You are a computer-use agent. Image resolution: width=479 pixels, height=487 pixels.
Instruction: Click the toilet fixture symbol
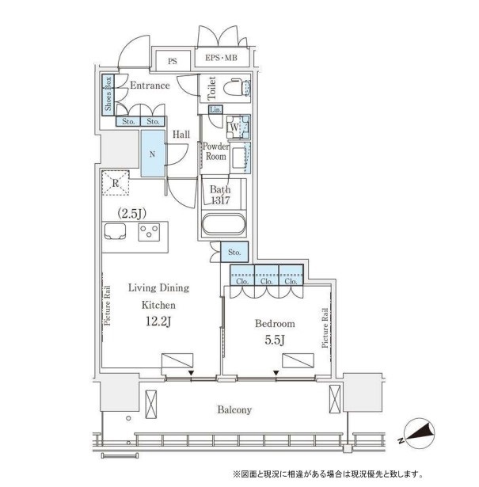[237, 88]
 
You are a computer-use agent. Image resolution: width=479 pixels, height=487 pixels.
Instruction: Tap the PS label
[173, 61]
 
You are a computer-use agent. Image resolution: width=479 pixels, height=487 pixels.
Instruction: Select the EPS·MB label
[221, 58]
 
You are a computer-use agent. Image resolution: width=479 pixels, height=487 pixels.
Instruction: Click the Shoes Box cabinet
[108, 94]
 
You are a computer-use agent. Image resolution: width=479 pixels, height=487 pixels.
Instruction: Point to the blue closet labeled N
[153, 154]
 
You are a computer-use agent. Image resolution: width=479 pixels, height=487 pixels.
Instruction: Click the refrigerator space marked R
[116, 183]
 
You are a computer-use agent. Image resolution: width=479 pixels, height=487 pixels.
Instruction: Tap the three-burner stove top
[149, 232]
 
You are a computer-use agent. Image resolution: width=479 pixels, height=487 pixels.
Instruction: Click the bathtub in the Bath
[223, 225]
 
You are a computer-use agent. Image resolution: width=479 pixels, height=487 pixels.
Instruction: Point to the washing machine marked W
[238, 127]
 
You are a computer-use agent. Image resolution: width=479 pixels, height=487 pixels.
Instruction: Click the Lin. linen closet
[215, 109]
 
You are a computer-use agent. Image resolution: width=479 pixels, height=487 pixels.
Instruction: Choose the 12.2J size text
[158, 321]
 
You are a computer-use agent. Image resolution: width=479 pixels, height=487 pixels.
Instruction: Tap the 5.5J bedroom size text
[275, 341]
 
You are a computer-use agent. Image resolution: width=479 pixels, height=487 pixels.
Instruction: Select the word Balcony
[234, 410]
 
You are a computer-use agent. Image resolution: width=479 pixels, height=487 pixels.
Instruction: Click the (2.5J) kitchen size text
[132, 213]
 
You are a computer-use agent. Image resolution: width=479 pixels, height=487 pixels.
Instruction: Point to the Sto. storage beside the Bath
[234, 252]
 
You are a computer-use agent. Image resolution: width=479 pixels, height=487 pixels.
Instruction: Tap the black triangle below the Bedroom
[276, 373]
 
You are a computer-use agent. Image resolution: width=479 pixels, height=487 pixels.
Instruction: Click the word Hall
[181, 135]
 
